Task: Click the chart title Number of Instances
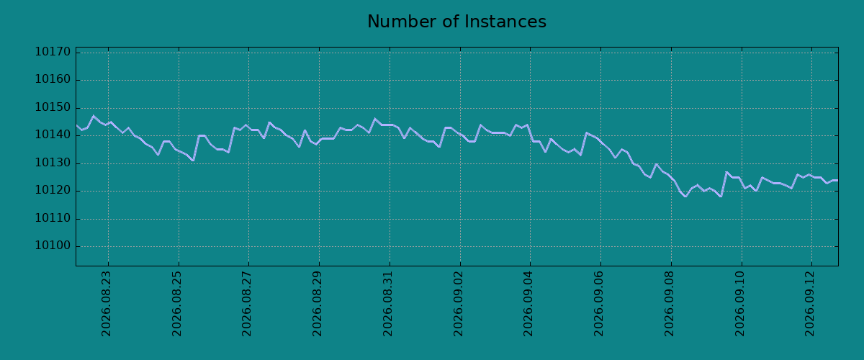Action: (456, 22)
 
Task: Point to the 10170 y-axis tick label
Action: (53, 52)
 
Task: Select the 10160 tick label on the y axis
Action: (53, 79)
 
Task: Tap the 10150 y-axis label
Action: (53, 107)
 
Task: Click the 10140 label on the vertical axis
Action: (53, 135)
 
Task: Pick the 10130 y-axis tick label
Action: (53, 163)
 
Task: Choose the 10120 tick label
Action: (53, 190)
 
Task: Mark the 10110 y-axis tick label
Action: (53, 218)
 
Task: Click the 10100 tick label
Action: (53, 246)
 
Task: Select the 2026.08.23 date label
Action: (106, 304)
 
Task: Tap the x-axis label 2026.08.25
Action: (176, 304)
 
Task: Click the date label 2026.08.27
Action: (247, 304)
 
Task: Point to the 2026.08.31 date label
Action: (387, 304)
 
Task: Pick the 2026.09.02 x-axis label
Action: (458, 304)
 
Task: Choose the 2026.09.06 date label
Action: (598, 304)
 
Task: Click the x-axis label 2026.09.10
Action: (740, 304)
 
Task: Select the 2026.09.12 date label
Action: (810, 304)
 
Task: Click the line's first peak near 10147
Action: (94, 116)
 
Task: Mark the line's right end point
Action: (838, 180)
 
